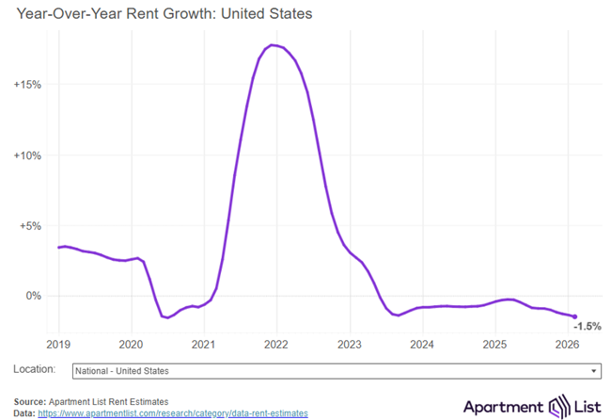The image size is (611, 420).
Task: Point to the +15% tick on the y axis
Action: pos(27,85)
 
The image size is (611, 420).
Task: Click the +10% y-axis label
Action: pos(27,155)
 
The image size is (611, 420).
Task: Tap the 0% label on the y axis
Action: pos(34,296)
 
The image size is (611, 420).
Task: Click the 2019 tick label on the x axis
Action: pos(58,344)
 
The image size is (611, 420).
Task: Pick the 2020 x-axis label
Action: pos(131,344)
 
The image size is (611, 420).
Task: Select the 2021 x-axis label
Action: pos(203,344)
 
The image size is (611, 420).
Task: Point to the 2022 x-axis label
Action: pos(276,344)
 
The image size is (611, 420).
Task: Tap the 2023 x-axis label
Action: pos(349,344)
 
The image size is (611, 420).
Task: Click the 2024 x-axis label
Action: pos(421,344)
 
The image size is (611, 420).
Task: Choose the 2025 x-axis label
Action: pos(494,344)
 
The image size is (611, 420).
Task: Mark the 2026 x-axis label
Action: pos(567,344)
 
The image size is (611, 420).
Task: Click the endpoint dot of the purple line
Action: pos(574,316)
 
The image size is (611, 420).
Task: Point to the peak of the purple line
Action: pos(273,45)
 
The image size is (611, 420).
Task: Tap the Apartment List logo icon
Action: pos(560,406)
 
